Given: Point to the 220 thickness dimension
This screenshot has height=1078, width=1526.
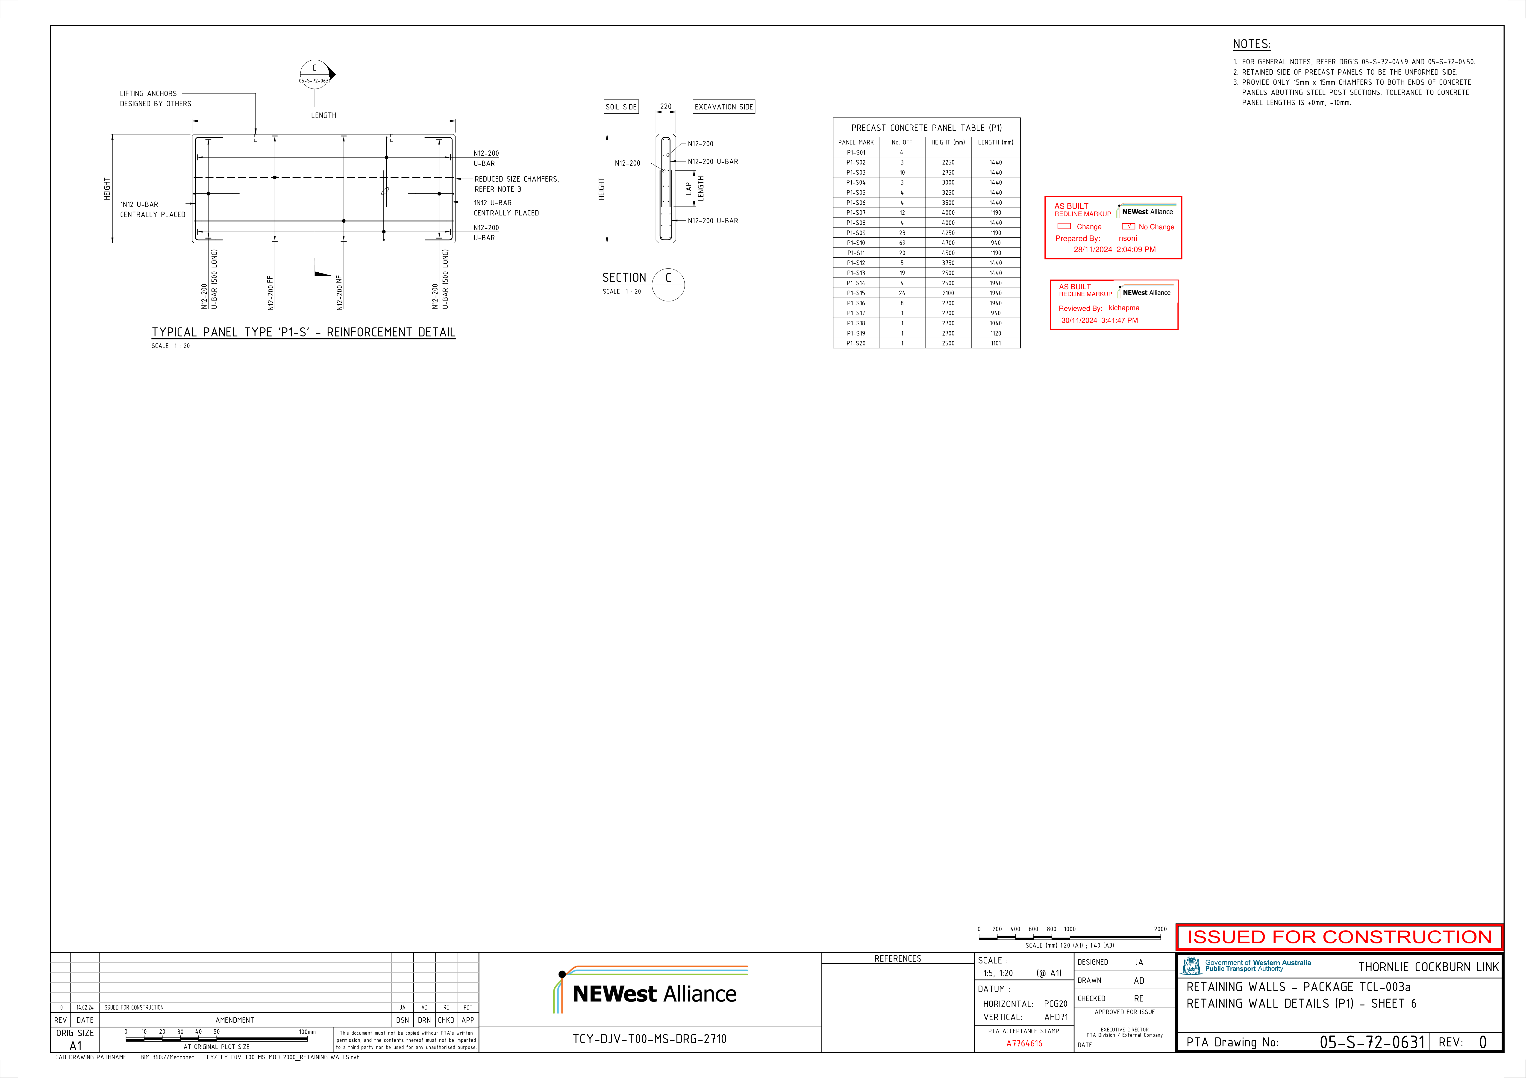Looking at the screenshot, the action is point(665,106).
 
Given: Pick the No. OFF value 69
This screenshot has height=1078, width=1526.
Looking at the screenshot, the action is point(902,243).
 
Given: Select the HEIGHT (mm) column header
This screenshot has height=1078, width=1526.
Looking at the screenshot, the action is point(948,142).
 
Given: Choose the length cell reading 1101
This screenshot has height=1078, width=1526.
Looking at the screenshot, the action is point(996,343).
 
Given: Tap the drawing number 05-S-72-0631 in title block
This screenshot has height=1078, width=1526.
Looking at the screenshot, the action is point(1372,1041).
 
